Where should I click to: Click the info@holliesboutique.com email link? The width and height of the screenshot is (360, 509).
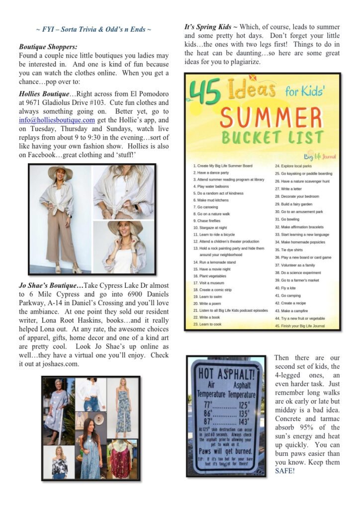click(x=57, y=120)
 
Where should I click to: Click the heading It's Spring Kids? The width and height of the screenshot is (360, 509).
click(x=204, y=27)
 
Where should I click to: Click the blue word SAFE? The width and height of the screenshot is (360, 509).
click(x=285, y=471)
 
